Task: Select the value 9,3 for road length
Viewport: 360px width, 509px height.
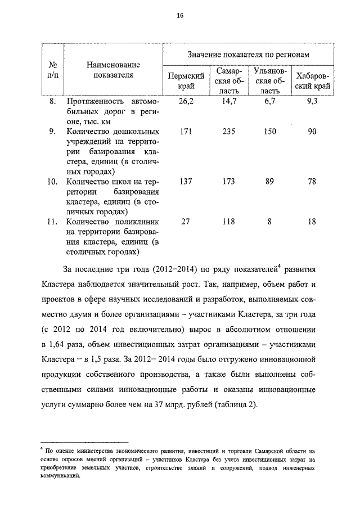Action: click(313, 102)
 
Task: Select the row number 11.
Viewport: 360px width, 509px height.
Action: click(51, 221)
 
